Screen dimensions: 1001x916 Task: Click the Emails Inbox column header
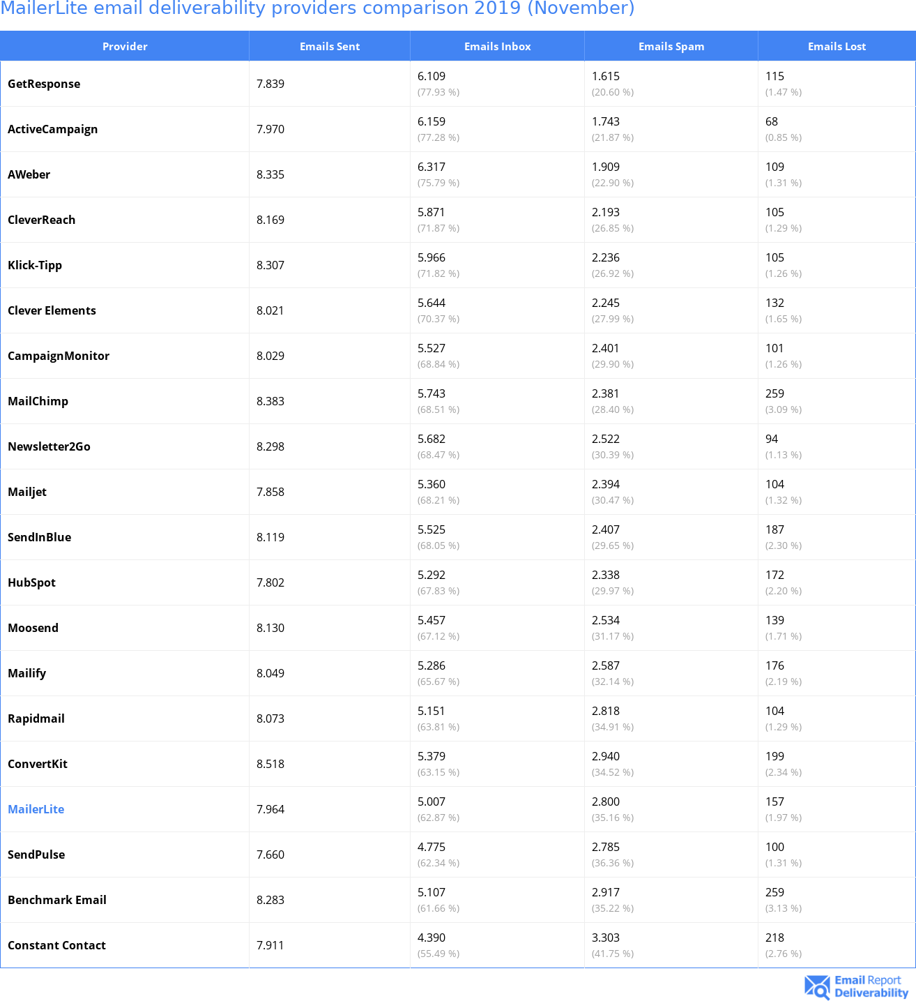(497, 47)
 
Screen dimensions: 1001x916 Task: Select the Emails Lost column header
(837, 47)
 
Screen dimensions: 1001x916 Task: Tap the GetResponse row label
(44, 84)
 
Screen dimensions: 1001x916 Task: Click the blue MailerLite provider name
(36, 809)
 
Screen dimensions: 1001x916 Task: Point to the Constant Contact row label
(56, 945)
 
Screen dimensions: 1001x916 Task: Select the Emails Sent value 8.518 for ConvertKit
(270, 764)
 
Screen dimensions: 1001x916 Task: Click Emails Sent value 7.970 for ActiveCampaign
(270, 129)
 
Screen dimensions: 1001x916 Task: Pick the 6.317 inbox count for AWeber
(432, 167)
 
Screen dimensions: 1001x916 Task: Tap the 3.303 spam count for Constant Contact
(606, 938)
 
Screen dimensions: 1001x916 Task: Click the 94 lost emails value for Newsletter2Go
(772, 439)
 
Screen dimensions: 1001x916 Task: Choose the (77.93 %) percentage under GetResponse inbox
(438, 92)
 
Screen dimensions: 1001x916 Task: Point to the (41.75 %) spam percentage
(613, 954)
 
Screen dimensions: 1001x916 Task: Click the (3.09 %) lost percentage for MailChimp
(784, 409)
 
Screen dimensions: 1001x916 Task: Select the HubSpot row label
(31, 582)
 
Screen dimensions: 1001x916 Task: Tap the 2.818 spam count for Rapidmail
(606, 711)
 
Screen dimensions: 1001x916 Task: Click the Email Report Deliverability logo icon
(817, 987)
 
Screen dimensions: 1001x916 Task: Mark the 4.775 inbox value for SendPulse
(432, 847)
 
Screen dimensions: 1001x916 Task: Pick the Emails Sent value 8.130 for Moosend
(270, 628)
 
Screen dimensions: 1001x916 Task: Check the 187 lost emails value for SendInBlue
(774, 529)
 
